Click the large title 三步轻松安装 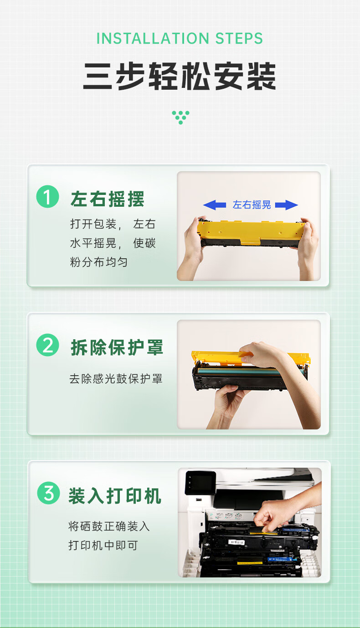[x=180, y=76]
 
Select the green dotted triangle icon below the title [x=180, y=117]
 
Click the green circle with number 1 [x=48, y=197]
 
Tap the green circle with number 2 [x=48, y=345]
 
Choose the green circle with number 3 [x=48, y=493]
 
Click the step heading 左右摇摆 [x=107, y=199]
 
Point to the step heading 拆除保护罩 [x=117, y=347]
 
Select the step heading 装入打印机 [x=115, y=495]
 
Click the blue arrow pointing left [x=215, y=205]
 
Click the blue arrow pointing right [x=286, y=205]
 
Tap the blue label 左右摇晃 [x=252, y=205]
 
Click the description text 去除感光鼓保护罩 [x=116, y=379]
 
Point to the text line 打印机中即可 [x=103, y=545]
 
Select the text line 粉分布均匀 [x=98, y=262]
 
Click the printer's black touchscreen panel [x=200, y=483]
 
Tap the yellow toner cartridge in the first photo [x=250, y=233]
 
